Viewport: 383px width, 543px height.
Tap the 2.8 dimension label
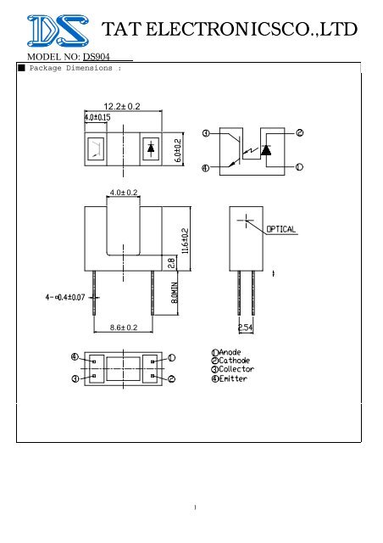point(170,264)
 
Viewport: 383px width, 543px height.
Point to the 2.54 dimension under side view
point(247,326)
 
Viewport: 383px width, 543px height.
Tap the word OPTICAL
point(280,229)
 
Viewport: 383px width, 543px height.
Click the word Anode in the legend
point(234,351)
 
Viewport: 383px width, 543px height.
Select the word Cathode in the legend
point(237,360)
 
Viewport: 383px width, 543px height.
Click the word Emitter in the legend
point(236,378)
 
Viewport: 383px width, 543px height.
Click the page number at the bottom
point(194,509)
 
